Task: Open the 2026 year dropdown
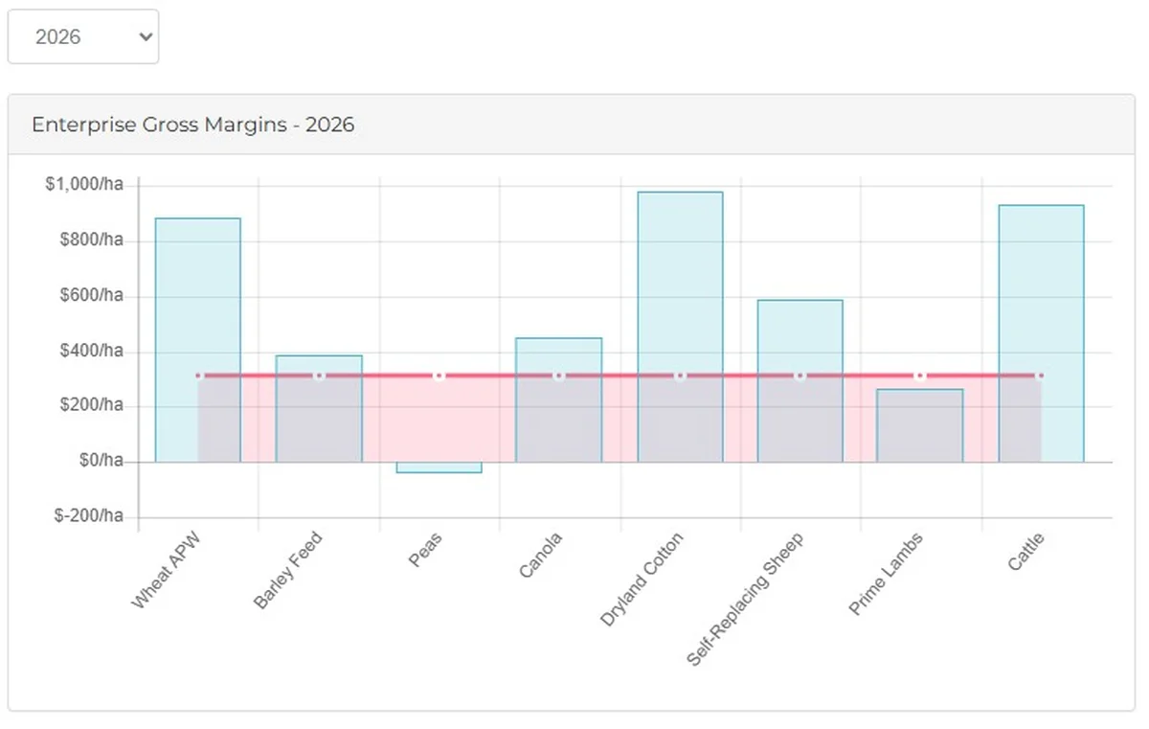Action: pos(83,37)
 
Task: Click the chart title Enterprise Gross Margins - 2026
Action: pos(192,125)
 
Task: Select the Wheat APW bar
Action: pos(198,287)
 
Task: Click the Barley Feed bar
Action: pos(319,412)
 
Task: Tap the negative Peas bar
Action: pos(439,467)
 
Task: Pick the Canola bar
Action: pos(559,402)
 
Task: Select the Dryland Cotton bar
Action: pos(680,287)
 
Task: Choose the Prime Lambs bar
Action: pos(920,426)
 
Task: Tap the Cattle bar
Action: pos(1041,287)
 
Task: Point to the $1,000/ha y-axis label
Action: pos(84,185)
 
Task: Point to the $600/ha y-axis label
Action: pos(93,295)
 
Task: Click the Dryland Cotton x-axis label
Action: pos(642,580)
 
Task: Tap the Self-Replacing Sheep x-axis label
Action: pos(745,598)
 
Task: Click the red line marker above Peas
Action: pos(439,376)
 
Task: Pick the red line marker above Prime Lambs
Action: pos(920,376)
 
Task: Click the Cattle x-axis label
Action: pos(1025,552)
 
